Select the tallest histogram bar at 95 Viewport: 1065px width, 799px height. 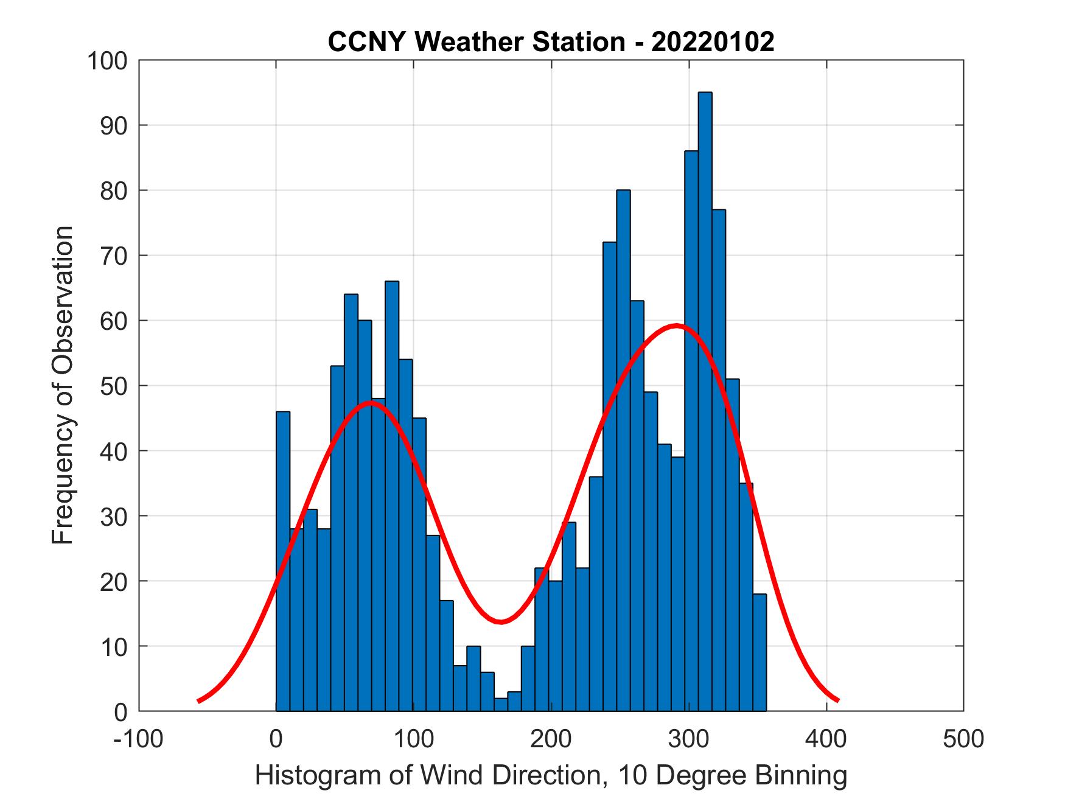(705, 402)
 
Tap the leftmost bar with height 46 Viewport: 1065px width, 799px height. (283, 560)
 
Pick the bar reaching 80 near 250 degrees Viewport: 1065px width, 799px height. (623, 450)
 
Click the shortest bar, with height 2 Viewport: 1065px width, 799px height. (501, 704)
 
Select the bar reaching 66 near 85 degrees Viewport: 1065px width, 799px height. (392, 496)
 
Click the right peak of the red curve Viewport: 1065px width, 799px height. (676, 325)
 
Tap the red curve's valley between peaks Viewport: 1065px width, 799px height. (500, 621)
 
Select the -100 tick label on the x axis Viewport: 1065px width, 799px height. (138, 739)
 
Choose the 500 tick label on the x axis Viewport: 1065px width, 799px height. (963, 739)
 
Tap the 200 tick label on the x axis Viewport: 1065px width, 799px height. (551, 739)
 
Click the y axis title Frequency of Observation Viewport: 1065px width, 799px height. (63, 386)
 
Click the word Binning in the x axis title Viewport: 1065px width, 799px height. (800, 776)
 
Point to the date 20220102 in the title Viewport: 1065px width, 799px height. (713, 42)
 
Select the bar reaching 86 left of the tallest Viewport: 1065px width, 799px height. (691, 426)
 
